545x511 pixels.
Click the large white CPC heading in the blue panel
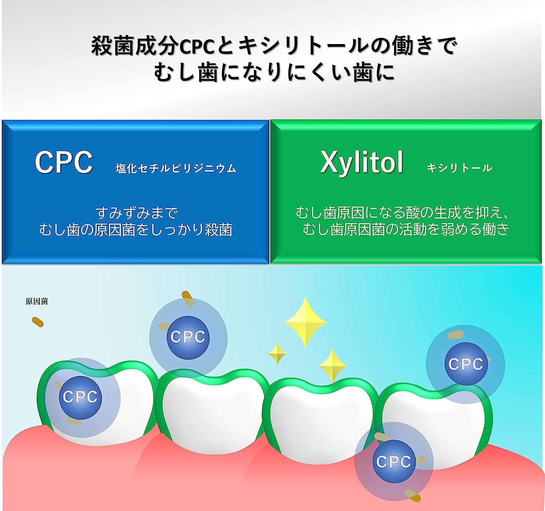pyautogui.click(x=64, y=162)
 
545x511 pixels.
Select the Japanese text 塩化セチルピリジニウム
pyautogui.click(x=176, y=169)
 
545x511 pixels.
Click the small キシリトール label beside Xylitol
pyautogui.click(x=459, y=168)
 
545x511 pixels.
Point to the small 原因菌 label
pyautogui.click(x=37, y=301)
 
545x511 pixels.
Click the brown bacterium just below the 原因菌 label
pyautogui.click(x=38, y=322)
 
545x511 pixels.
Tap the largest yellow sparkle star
pyautogui.click(x=306, y=322)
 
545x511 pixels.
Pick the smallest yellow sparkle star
pyautogui.click(x=277, y=353)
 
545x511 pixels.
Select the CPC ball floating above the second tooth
pyautogui.click(x=188, y=337)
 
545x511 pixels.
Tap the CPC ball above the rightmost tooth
pyautogui.click(x=466, y=364)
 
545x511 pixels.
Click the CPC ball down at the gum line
pyautogui.click(x=394, y=462)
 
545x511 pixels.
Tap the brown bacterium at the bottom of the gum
pyautogui.click(x=413, y=495)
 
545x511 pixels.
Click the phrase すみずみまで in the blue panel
pyautogui.click(x=136, y=213)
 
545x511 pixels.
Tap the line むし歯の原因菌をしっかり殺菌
pyautogui.click(x=136, y=230)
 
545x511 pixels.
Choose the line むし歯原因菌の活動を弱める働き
pyautogui.click(x=406, y=229)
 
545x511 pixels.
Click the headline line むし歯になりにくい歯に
pyautogui.click(x=274, y=73)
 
